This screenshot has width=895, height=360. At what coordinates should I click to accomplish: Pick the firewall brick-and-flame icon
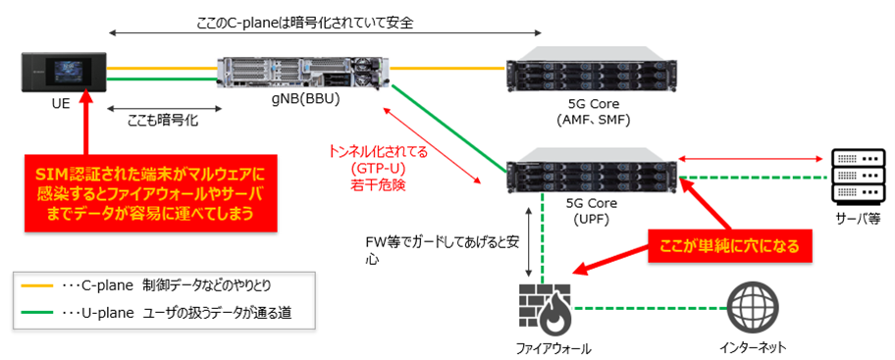coord(543,307)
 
